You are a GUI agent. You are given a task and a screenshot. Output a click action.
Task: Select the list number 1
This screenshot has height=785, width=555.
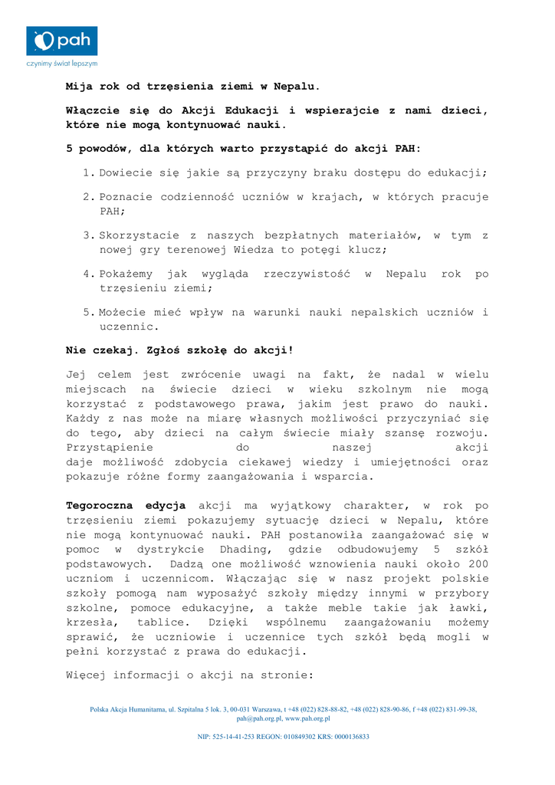click(87, 173)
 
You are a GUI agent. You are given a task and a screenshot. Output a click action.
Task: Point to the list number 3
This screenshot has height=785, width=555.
click(87, 235)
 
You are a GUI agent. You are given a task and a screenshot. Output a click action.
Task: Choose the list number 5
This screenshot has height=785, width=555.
click(87, 313)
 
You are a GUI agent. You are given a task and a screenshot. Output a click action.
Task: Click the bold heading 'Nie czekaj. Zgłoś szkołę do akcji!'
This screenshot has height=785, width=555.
click(180, 350)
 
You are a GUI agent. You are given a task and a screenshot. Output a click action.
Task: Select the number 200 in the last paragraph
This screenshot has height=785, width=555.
click(477, 564)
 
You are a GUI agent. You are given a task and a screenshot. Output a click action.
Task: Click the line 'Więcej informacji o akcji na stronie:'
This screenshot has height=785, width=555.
click(190, 675)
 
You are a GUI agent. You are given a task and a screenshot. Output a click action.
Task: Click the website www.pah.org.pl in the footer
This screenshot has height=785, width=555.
click(307, 719)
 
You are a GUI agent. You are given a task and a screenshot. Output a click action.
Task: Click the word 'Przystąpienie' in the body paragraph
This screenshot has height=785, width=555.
click(110, 448)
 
